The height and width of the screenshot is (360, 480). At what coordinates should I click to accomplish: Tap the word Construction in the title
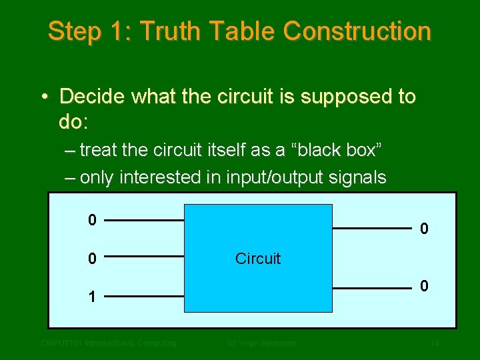[357, 31]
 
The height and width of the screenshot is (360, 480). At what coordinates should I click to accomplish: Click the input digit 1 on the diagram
[93, 297]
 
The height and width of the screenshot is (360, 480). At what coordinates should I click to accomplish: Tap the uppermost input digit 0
[93, 219]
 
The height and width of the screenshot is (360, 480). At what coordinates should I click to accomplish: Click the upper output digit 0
[423, 229]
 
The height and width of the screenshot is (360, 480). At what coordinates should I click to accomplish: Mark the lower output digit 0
[423, 286]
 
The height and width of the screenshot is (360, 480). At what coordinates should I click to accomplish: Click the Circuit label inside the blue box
[258, 259]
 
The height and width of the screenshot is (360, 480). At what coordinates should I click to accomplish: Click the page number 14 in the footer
[435, 343]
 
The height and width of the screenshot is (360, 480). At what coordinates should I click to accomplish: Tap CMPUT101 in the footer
[60, 343]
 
